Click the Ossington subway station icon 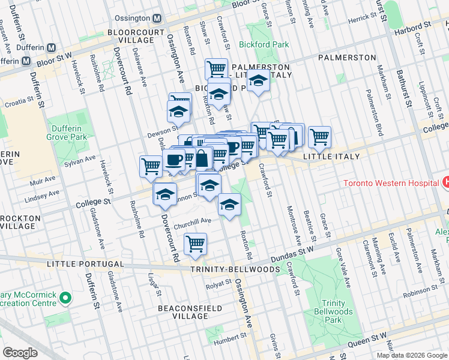(x=157, y=19)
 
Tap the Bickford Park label (x=264, y=44)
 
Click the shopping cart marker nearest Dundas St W (x=195, y=244)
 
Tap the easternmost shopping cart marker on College (x=319, y=137)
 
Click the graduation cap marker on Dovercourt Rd (x=165, y=194)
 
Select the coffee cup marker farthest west (x=173, y=160)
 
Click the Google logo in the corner (x=20, y=352)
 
